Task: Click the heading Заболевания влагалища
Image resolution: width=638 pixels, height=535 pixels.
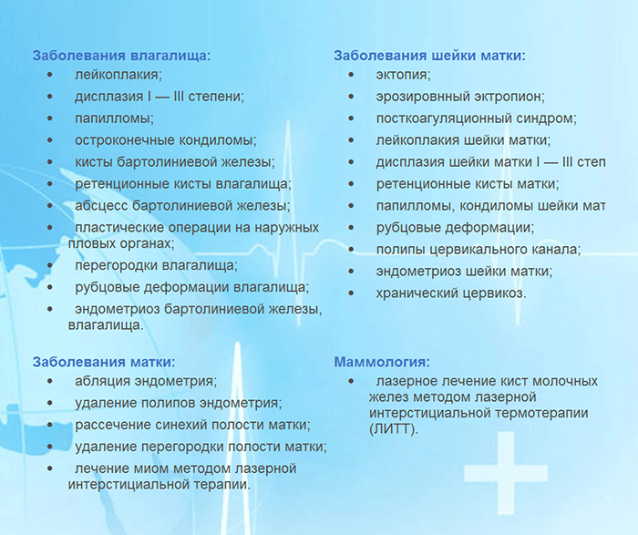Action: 121,55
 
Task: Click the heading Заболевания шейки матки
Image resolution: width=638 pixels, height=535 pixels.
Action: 429,55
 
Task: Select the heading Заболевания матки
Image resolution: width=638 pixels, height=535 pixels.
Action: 104,362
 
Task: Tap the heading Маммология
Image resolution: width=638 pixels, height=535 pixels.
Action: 382,362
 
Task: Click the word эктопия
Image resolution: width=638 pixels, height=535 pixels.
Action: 403,75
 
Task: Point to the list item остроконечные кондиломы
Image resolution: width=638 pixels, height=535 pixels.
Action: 165,140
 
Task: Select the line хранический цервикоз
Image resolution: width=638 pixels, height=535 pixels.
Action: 450,293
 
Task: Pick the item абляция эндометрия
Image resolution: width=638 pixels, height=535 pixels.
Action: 146,381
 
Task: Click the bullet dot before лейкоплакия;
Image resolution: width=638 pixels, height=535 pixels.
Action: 51,75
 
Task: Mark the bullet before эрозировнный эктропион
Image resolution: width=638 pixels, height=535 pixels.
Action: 352,97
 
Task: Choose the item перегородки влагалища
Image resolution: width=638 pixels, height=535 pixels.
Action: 156,265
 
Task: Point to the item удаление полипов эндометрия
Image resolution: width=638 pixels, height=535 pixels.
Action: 178,403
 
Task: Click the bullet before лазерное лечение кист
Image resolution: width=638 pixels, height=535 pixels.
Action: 352,381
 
